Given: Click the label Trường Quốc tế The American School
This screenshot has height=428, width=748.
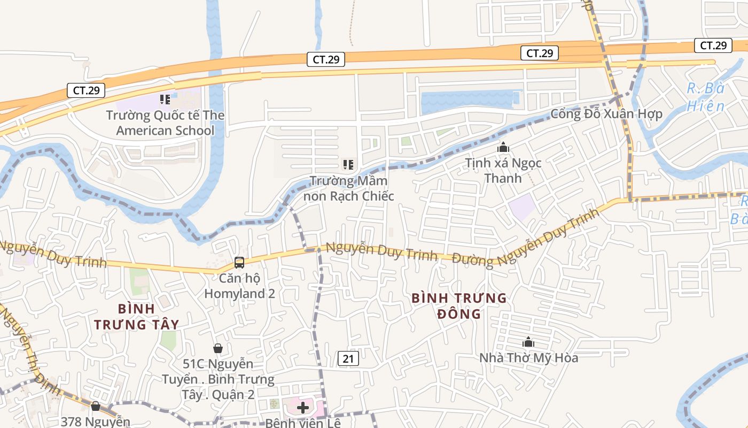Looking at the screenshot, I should tap(165, 123).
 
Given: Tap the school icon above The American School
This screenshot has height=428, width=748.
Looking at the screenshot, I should tap(165, 99).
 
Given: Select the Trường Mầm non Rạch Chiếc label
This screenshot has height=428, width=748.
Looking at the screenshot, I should tap(348, 188).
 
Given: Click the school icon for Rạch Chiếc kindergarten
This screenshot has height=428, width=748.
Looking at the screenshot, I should tap(348, 165).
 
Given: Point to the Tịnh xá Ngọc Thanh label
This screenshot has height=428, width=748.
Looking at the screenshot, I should tap(503, 170).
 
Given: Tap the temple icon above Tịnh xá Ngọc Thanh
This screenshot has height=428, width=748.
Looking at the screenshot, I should tap(503, 147).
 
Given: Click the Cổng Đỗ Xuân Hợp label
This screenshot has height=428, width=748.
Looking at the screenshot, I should tap(606, 113).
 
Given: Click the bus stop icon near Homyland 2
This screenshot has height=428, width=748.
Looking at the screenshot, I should tap(239, 263).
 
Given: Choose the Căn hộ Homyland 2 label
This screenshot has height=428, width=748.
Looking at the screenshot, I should tap(239, 286).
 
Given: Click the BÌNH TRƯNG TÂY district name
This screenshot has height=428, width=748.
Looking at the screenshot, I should tap(136, 317).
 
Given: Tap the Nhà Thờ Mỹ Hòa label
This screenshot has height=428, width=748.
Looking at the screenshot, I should tap(528, 357).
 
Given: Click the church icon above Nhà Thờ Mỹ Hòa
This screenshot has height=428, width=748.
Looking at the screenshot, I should tap(528, 342).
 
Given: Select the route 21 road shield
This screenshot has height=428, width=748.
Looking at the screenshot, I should tap(348, 358).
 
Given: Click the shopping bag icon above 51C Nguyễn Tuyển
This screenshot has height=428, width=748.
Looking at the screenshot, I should tap(218, 349).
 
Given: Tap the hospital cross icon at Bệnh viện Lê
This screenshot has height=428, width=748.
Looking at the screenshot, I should tap(303, 408).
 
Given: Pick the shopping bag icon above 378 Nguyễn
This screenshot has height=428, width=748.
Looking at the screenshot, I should tap(96, 407).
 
